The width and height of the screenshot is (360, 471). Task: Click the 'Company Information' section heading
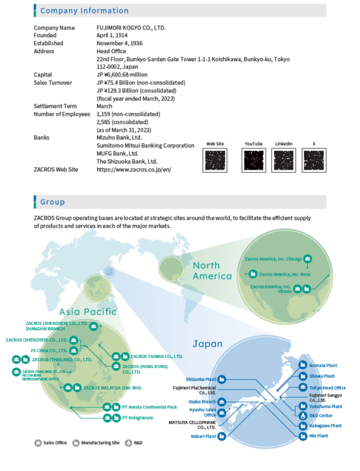(x=84, y=11)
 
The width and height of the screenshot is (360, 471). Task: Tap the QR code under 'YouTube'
(x=253, y=159)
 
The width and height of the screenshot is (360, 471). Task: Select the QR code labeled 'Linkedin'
(x=283, y=159)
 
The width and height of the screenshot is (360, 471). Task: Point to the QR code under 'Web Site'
(x=215, y=159)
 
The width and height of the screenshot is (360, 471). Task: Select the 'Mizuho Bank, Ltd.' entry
(x=119, y=138)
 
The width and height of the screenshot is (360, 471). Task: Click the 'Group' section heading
(x=53, y=202)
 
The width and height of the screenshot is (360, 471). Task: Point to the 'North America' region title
(x=212, y=271)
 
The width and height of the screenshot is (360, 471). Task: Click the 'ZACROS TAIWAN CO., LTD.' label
(x=157, y=355)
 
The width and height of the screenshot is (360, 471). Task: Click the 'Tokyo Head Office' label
(x=327, y=387)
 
